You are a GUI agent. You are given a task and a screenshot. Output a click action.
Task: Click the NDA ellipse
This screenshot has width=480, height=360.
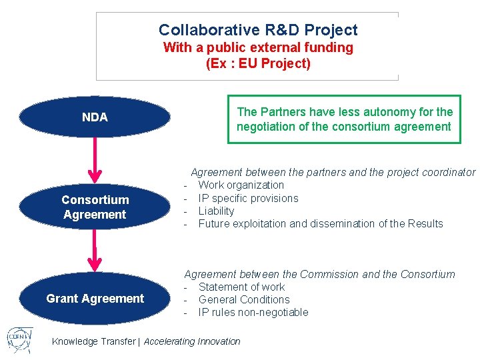click(95, 117)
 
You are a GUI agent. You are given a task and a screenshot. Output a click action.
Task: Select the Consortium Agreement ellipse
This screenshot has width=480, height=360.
click(95, 207)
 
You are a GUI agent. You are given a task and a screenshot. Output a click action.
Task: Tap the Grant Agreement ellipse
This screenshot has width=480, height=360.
click(95, 299)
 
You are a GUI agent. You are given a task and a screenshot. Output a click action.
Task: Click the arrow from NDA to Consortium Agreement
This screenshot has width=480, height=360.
click(95, 160)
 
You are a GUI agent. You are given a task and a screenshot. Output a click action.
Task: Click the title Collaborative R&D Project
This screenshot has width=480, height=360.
click(258, 30)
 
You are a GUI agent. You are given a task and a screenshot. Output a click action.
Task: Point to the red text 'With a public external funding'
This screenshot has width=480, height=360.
click(258, 47)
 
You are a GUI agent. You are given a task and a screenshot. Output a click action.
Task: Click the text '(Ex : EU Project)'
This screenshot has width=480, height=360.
click(258, 64)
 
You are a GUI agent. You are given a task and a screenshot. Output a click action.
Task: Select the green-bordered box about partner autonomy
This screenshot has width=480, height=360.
click(344, 119)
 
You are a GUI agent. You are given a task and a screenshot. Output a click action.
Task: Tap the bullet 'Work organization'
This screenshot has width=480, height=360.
click(241, 185)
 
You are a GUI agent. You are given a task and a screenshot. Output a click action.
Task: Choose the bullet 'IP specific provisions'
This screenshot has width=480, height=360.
click(248, 198)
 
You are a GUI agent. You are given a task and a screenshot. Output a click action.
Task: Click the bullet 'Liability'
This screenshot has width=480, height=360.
click(216, 211)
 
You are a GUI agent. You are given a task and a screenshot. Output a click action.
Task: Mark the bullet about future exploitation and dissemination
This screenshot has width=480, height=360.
click(320, 223)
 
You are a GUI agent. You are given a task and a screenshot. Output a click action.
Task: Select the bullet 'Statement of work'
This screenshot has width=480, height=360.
click(241, 287)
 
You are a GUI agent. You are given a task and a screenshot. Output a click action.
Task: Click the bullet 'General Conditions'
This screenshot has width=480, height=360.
click(243, 299)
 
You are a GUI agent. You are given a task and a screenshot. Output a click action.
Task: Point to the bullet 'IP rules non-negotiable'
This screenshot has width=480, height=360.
click(253, 312)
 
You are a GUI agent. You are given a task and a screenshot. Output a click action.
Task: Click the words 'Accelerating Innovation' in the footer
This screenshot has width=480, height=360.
click(192, 341)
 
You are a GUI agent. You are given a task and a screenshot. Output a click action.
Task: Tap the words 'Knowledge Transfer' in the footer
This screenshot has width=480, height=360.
click(94, 341)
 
